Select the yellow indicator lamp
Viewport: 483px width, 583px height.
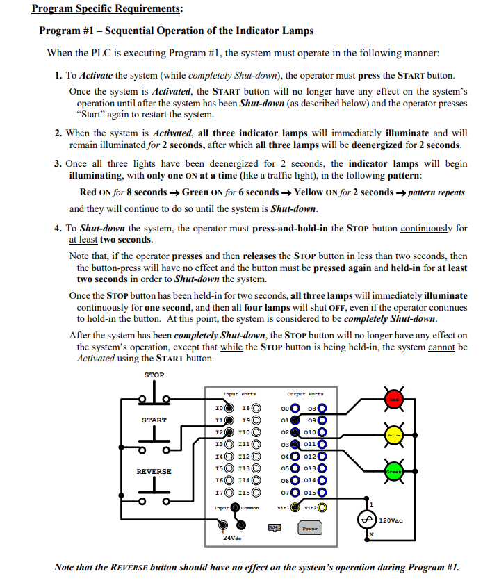coord(394,434)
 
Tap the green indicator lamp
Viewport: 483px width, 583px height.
coord(394,473)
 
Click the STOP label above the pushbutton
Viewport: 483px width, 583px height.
coord(154,375)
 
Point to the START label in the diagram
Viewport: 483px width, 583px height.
coord(154,420)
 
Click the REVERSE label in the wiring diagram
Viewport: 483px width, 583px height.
coord(154,471)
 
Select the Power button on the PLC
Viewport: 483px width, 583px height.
coord(309,529)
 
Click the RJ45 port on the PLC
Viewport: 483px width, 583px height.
coord(275,528)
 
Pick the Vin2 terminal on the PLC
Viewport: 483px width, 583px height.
coord(322,507)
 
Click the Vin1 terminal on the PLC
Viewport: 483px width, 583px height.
coord(295,507)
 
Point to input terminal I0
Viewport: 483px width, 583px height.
coord(229,408)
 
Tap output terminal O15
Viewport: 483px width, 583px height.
coord(322,493)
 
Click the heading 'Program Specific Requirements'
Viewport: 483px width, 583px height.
coord(107,9)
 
